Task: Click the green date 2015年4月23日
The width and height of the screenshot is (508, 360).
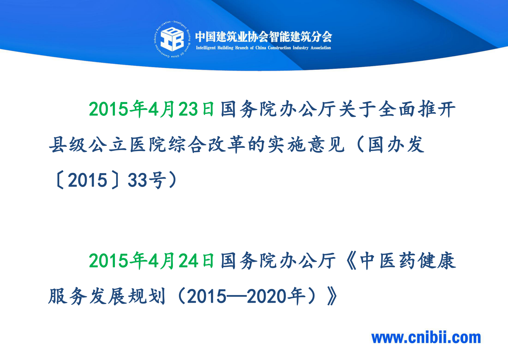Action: coord(151,109)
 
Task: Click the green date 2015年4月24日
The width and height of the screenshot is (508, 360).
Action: coord(151,260)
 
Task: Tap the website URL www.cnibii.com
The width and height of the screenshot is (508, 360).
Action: coord(426,338)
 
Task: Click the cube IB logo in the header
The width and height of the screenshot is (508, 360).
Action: coord(172,39)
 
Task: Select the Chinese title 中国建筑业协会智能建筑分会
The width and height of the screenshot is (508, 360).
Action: coord(263,36)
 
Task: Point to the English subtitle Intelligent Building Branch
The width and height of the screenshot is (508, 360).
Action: coord(263,48)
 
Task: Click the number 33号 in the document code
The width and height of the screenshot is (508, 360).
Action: coord(147,180)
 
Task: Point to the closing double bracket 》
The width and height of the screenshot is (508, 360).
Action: coord(332,296)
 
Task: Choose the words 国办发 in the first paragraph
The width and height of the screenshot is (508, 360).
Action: coord(396,145)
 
